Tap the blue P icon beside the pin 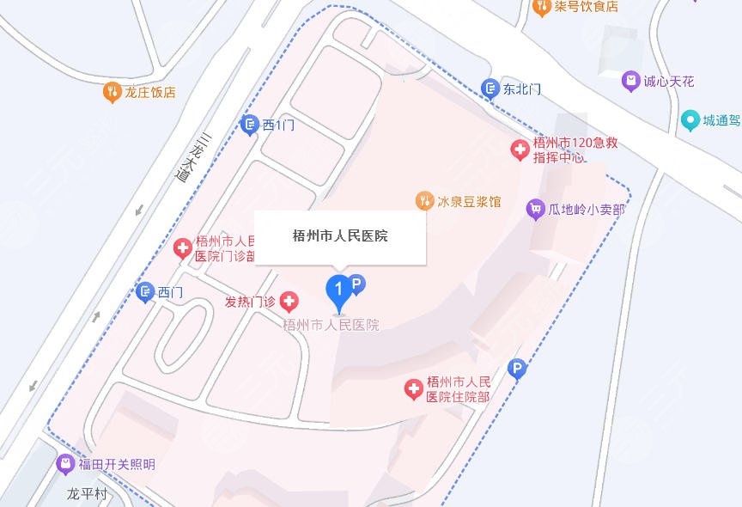[359, 281]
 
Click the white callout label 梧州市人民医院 [340, 235]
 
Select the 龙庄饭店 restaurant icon [111, 92]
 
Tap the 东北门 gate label [523, 89]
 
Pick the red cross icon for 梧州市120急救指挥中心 [520, 150]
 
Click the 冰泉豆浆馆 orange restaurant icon [423, 201]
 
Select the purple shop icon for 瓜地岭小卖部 [536, 209]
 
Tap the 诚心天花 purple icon [631, 82]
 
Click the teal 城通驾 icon [690, 121]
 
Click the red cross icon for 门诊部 [183, 249]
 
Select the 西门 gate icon [145, 293]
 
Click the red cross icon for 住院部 [414, 389]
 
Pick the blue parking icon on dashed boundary [516, 370]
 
